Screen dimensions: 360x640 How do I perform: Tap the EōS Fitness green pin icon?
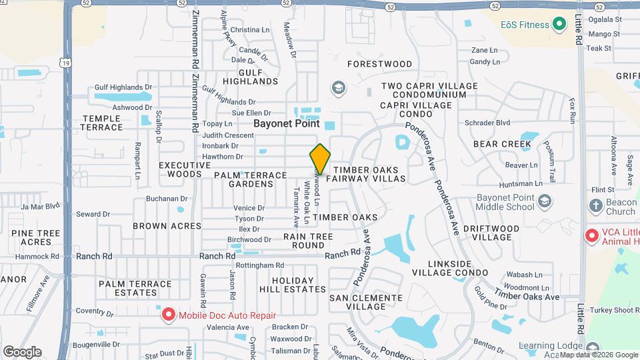[x=560, y=25]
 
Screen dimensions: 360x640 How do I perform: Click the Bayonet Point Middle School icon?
[x=545, y=201]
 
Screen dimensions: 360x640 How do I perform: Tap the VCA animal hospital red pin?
[x=591, y=236]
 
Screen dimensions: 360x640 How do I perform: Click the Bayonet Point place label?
[x=286, y=123]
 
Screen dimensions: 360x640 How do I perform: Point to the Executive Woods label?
[x=180, y=169]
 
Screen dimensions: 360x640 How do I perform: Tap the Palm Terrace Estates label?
[x=135, y=288]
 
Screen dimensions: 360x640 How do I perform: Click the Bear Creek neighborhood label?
[x=502, y=144]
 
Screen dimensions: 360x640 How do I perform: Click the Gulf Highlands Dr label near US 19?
[x=123, y=87]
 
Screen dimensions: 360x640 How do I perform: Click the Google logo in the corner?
[x=22, y=351]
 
